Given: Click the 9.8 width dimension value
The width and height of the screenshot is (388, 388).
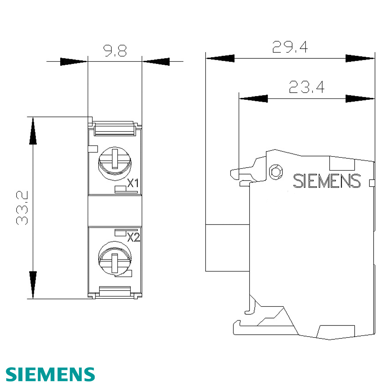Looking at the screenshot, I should [115, 51].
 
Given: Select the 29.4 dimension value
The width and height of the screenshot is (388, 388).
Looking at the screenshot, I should [290, 47].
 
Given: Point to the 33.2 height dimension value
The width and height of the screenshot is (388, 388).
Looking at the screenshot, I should [22, 208].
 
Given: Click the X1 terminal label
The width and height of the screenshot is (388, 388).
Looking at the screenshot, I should [133, 184].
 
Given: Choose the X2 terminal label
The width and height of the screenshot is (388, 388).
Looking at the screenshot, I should [133, 238].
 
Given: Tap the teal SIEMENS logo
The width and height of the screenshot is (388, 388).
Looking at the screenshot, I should [50, 374].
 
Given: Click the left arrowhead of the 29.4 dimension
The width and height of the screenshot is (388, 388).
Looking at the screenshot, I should [220, 59].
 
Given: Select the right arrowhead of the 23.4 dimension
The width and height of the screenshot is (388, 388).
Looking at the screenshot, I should [360, 98].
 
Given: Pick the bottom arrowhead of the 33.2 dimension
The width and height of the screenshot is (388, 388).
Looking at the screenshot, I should [33, 285].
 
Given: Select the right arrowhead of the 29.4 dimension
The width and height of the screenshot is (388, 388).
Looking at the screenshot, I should [360, 59].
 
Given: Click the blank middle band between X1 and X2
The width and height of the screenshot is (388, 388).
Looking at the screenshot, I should [115, 211].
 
